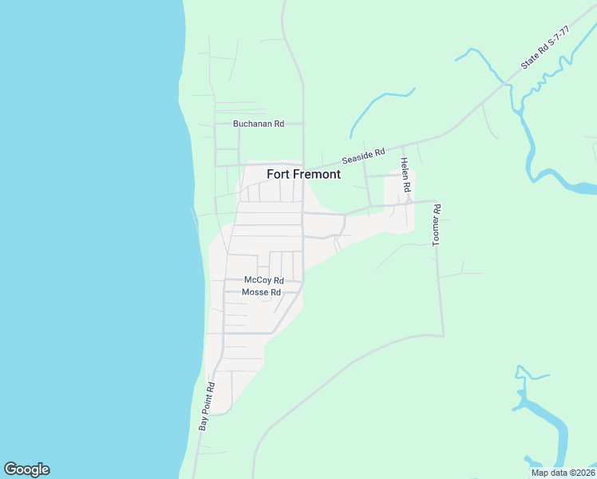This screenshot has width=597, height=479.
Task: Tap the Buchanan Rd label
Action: coord(259,124)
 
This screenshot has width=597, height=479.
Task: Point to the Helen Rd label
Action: coord(405,175)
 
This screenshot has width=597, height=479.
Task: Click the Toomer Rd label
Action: coord(437,224)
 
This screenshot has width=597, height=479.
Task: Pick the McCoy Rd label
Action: coord(264,280)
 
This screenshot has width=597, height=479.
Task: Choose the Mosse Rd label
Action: coord(261,292)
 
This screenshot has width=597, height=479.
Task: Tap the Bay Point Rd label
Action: coord(208,407)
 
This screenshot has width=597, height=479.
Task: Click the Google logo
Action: coord(26,469)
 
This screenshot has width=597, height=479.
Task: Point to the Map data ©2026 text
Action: coord(562,473)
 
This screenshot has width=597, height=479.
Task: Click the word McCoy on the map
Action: coord(258,280)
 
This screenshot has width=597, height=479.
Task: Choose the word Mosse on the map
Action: coord(255,292)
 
